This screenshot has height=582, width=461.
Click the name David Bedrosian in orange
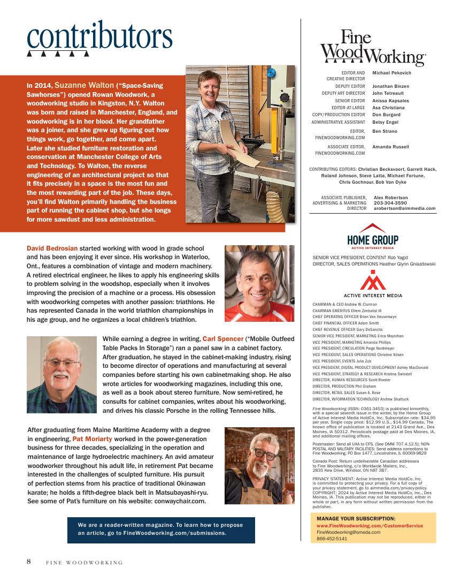pyautogui.click(x=52, y=248)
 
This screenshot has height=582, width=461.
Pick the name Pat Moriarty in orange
pyautogui.click(x=92, y=439)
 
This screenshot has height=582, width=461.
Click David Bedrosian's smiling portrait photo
pyautogui.click(x=259, y=283)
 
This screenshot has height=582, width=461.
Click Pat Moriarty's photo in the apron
pyautogui.click(x=259, y=465)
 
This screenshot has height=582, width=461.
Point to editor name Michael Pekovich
pyautogui.click(x=391, y=73)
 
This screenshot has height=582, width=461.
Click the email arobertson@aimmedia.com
pyautogui.click(x=404, y=208)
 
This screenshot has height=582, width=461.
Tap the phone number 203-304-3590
pyautogui.click(x=390, y=203)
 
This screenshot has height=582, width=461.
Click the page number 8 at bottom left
pyautogui.click(x=29, y=562)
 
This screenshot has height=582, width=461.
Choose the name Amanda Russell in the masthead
pyautogui.click(x=390, y=147)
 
